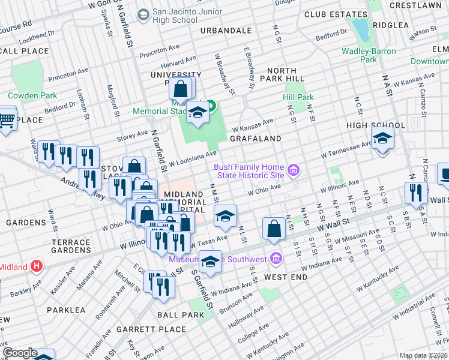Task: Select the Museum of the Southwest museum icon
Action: [x=276, y=259]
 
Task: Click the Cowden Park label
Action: [x=32, y=95]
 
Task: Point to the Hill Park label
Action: [x=298, y=97]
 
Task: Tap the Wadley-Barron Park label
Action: [x=369, y=55]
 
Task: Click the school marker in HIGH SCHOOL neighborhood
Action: [x=382, y=139]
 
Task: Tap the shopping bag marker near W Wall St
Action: [x=274, y=228]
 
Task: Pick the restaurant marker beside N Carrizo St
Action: [x=415, y=193]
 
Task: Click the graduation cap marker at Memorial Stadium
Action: [x=197, y=112]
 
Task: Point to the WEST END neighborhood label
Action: [x=286, y=277]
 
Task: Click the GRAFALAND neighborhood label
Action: [x=255, y=139]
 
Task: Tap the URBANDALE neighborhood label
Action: [x=226, y=30]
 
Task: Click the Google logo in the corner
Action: [x=20, y=353]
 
